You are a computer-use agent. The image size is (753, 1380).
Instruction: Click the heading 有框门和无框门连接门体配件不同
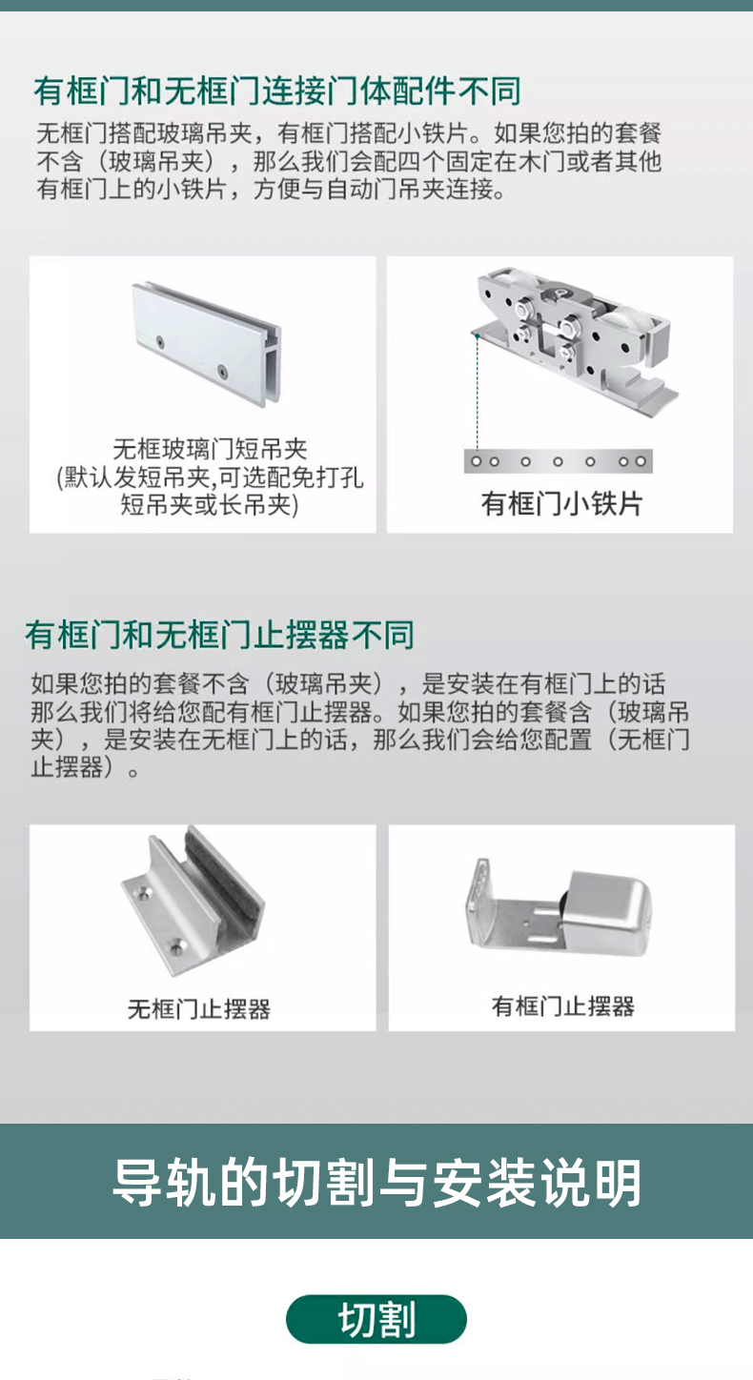[x=277, y=91]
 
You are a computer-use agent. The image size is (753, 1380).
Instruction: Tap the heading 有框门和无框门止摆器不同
[x=220, y=635]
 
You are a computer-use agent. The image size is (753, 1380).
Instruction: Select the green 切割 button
[x=376, y=1320]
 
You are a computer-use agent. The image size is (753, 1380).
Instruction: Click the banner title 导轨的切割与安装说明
[x=376, y=1183]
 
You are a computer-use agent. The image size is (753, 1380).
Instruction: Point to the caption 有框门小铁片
[x=561, y=503]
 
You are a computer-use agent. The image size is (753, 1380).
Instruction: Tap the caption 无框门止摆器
[x=199, y=1009]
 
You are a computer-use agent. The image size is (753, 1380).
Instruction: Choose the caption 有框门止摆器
[x=562, y=1006]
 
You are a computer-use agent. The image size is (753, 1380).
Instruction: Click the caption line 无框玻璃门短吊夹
[x=210, y=448]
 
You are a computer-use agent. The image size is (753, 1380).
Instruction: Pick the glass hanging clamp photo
[x=207, y=343]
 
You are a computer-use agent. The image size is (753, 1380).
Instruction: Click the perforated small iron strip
[x=559, y=461]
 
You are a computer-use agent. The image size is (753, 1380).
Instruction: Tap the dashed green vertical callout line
[x=476, y=391]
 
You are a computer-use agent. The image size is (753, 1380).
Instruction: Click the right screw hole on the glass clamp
[x=222, y=368]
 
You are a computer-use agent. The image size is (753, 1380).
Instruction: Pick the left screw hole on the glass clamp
[x=160, y=340]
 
